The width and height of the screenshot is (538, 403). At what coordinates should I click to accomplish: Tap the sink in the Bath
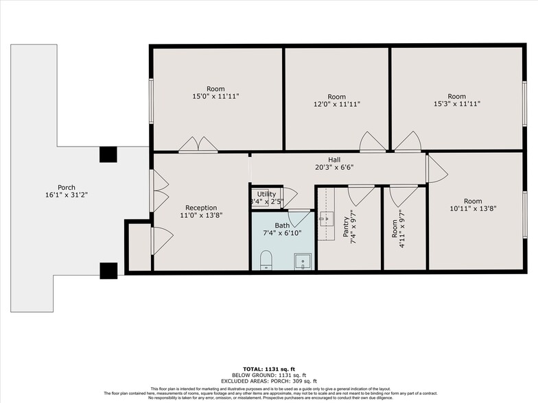(303, 260)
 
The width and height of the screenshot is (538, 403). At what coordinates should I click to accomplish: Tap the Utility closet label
(266, 195)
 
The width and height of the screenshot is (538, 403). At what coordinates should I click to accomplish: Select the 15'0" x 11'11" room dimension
(216, 97)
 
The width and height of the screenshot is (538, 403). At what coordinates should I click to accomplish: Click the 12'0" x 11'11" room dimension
(336, 105)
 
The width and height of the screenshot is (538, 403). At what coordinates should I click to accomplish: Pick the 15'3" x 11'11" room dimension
(456, 105)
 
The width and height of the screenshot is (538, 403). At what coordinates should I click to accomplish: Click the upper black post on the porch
(108, 154)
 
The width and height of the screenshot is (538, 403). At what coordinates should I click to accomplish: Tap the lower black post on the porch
(108, 271)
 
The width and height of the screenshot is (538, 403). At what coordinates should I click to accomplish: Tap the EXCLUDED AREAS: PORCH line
(269, 380)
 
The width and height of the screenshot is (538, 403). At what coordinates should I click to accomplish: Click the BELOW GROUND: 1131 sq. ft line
(269, 374)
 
